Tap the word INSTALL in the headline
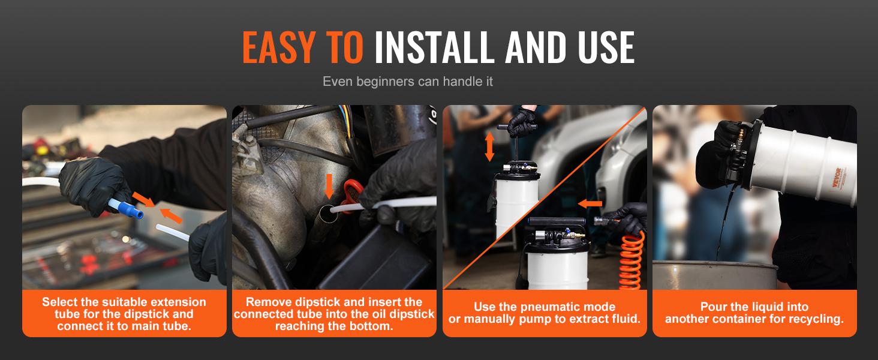(434, 47)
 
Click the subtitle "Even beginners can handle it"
(408, 81)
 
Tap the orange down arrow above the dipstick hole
(329, 186)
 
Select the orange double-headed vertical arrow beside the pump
(489, 146)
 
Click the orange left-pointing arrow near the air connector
(590, 203)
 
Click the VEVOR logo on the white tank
(836, 178)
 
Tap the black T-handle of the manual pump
(516, 127)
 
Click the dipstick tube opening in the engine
(328, 214)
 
